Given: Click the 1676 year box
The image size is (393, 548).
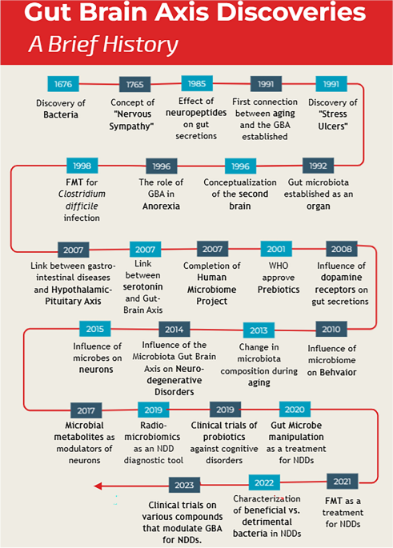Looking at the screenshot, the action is (63, 84).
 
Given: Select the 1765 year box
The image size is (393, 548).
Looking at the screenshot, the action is (135, 84).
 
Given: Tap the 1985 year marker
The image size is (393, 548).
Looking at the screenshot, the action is (197, 83).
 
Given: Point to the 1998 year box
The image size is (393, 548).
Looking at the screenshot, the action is (82, 166).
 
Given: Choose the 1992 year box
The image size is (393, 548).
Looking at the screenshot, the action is (319, 166).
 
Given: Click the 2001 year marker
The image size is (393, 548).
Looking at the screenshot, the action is (276, 249).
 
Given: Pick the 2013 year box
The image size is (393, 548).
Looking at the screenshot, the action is (259, 330).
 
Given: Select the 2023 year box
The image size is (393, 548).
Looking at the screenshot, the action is (184, 485).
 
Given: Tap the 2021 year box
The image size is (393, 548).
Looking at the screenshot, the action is (343, 482).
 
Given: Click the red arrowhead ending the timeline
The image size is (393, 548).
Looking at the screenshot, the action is (98, 486).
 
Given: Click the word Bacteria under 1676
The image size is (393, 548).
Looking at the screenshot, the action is (61, 114).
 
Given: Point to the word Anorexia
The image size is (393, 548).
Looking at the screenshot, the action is (161, 206).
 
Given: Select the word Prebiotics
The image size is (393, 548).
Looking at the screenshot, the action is (279, 290).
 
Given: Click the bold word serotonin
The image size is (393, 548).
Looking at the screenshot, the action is (143, 286).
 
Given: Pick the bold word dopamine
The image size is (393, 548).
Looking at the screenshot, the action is (341, 278).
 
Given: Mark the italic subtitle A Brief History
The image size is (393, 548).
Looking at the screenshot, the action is (103, 45).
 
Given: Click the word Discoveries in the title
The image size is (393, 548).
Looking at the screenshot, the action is (291, 12).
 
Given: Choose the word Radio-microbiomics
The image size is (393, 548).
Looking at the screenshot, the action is (152, 431).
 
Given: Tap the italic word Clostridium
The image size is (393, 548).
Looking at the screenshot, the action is (82, 194).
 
